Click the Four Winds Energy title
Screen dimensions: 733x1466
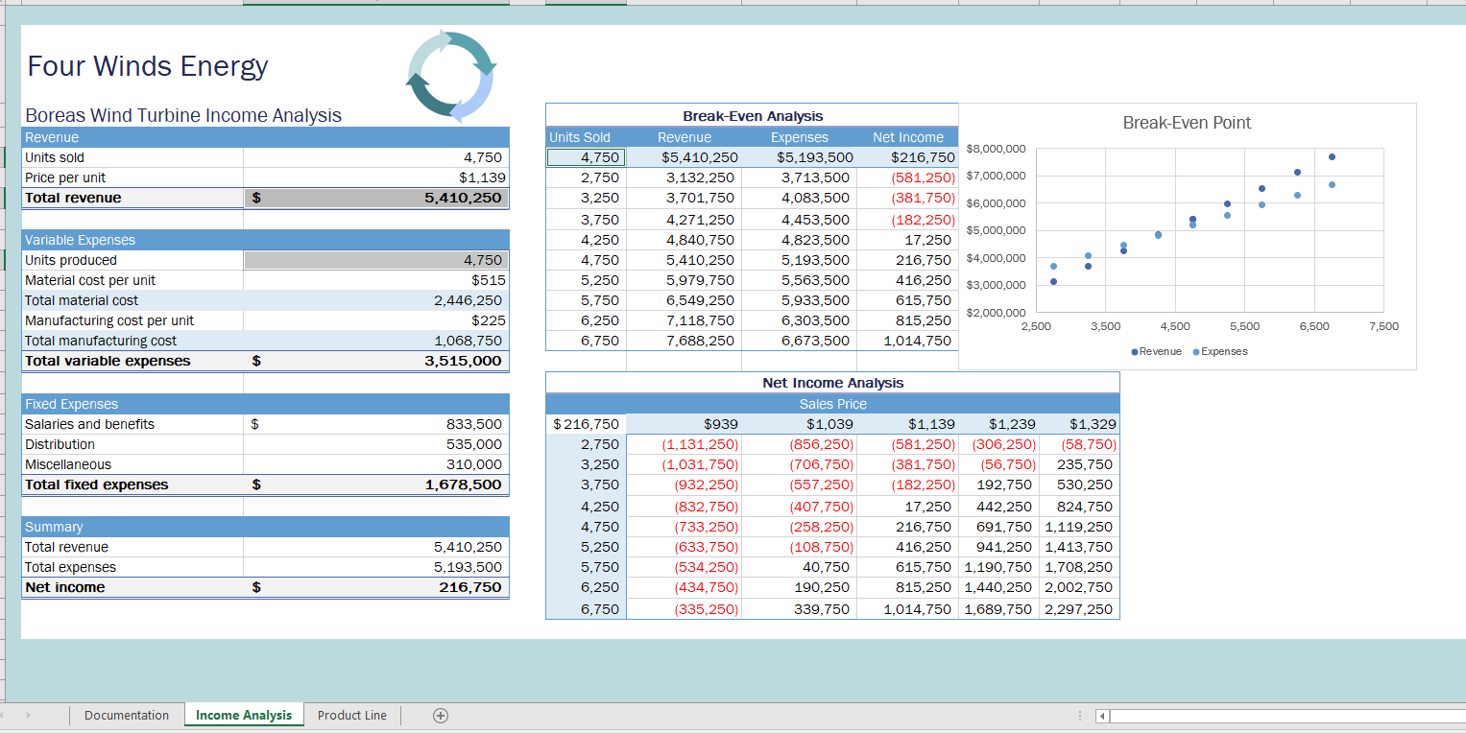(x=148, y=66)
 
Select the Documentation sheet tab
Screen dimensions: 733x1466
(x=126, y=715)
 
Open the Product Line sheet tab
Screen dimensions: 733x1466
(x=351, y=715)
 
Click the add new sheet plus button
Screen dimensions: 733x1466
(x=440, y=715)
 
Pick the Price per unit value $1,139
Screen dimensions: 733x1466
(x=482, y=177)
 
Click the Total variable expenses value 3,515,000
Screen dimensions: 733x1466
(x=463, y=361)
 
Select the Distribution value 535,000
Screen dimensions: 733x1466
(x=473, y=444)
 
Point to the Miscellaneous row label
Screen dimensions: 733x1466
(x=68, y=464)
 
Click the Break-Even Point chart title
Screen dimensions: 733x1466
(x=1187, y=123)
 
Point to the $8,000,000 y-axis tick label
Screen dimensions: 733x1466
(x=997, y=149)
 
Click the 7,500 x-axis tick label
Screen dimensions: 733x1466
(x=1383, y=327)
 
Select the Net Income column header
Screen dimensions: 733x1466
(x=907, y=137)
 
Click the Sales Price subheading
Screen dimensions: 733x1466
(x=832, y=404)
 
